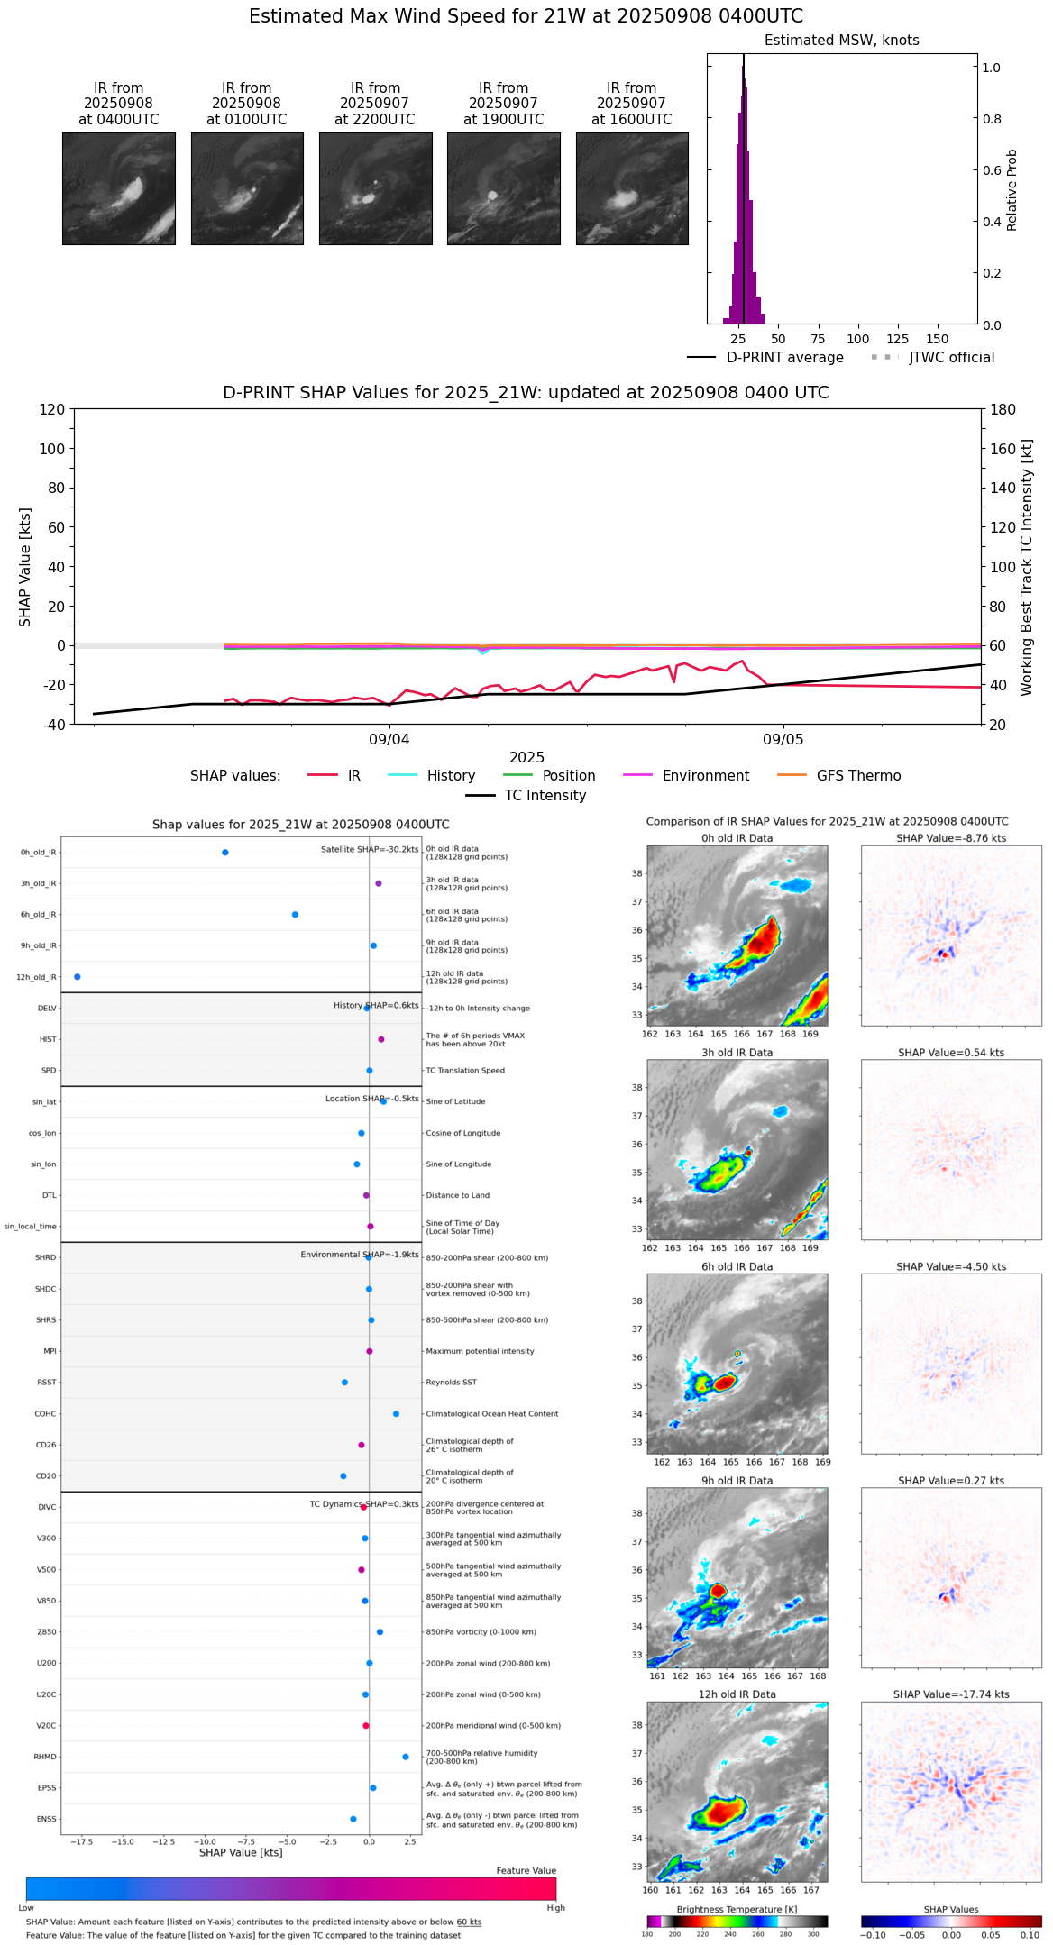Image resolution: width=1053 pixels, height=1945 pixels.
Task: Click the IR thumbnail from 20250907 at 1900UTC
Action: point(503,188)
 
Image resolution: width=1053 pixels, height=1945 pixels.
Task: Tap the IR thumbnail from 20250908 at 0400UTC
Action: point(119,188)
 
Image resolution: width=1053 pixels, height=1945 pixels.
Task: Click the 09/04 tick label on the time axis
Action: point(389,740)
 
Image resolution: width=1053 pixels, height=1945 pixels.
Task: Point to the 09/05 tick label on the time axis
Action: point(783,740)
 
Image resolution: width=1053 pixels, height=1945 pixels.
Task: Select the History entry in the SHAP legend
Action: point(451,776)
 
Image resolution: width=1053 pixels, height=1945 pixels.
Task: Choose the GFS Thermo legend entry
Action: point(858,776)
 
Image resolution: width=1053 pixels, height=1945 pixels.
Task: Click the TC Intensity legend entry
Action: point(545,796)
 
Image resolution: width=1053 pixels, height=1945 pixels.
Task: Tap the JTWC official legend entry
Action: point(951,358)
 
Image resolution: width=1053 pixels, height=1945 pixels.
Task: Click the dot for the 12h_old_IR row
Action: point(78,977)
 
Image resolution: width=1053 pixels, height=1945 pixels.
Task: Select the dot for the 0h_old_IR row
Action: point(225,853)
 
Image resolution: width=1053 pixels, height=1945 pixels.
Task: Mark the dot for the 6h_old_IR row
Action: point(295,915)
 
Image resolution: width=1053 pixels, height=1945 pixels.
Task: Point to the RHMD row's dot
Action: point(406,1757)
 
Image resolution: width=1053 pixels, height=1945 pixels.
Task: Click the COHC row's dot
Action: point(396,1414)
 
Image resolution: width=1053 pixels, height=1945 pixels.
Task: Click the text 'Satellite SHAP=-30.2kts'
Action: point(370,850)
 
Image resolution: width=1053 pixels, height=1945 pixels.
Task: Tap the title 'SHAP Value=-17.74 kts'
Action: point(951,1694)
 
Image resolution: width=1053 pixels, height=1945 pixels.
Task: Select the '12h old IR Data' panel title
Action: point(737,1694)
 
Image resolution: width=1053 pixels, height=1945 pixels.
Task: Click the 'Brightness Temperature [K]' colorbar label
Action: point(737,1909)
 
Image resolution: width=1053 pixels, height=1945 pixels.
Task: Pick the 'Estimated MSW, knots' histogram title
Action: point(841,41)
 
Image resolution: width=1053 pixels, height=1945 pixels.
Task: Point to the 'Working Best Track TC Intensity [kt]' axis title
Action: point(1027,568)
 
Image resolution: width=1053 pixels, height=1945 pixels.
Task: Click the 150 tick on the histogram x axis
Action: point(938,340)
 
